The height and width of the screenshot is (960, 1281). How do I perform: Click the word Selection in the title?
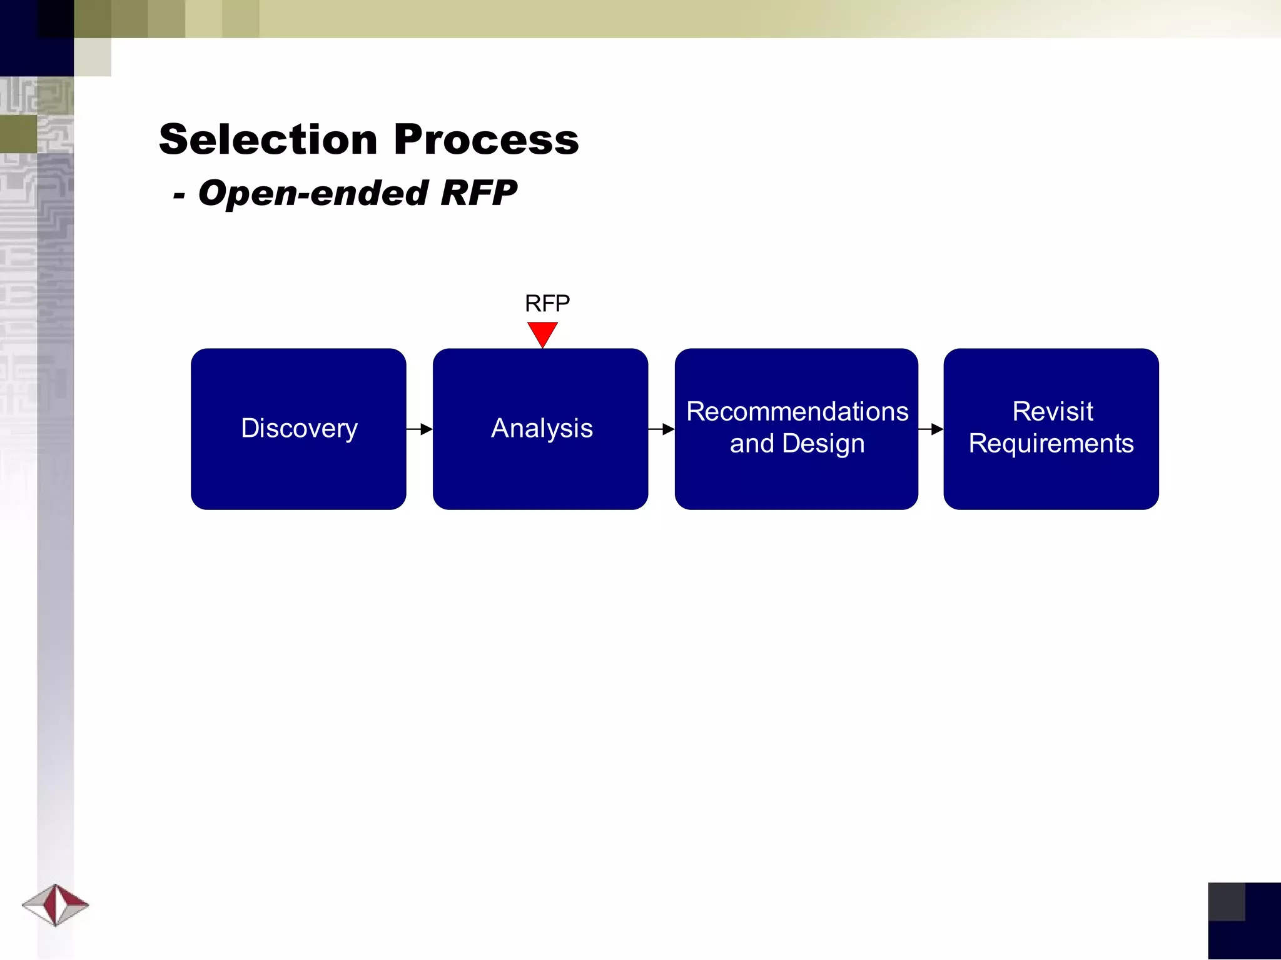click(x=268, y=139)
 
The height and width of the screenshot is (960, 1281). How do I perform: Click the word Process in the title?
click(x=486, y=139)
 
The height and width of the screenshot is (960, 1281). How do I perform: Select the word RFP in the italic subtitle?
click(x=478, y=193)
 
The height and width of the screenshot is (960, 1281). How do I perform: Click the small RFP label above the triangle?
click(x=547, y=304)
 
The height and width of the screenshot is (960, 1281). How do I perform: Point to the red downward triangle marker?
click(x=542, y=332)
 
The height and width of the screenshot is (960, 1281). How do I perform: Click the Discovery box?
click(x=298, y=475)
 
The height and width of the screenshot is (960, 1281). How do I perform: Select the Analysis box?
click(x=540, y=475)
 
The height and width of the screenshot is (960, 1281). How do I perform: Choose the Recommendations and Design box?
click(x=796, y=481)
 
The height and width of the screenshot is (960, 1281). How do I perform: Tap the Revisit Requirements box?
click(x=1051, y=481)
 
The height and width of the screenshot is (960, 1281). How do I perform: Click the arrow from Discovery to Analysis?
click(x=420, y=429)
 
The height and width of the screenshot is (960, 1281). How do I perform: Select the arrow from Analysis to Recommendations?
click(x=661, y=429)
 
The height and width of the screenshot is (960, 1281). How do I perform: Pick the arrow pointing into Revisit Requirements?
click(x=931, y=429)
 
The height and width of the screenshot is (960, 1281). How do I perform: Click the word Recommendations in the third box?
click(x=797, y=412)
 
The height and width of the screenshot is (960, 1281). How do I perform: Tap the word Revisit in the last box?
click(x=1052, y=412)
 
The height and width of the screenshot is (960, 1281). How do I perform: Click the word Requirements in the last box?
click(x=1051, y=444)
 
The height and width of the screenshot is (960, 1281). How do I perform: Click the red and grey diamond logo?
click(x=56, y=904)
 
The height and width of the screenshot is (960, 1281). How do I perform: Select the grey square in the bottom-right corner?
click(x=1226, y=901)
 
